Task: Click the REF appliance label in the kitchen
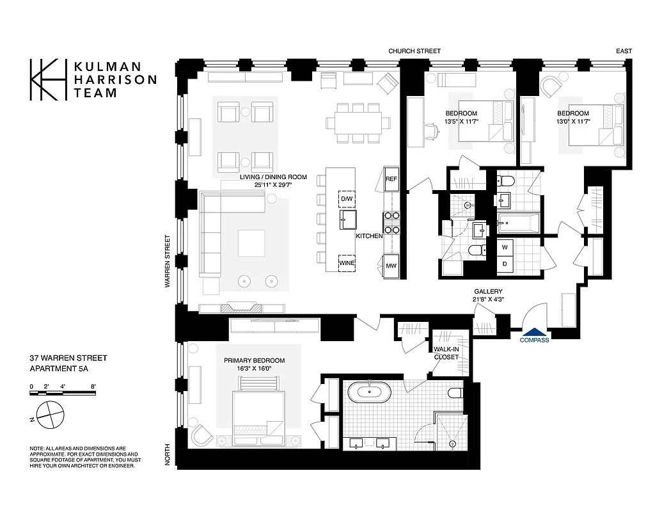coord(391,179)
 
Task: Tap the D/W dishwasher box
coord(347,199)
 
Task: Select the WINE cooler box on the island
coord(347,263)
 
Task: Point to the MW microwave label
coord(391,266)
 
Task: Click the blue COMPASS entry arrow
coord(535,332)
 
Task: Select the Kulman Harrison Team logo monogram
coord(49,79)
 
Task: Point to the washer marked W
coord(505,246)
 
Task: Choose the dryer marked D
coord(505,264)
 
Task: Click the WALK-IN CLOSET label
coord(445,353)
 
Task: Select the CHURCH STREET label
coord(414,51)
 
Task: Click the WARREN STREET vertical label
coord(168,260)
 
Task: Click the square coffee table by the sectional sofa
coord(251,243)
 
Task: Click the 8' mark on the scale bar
coord(93,386)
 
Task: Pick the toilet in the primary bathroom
coord(455,392)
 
